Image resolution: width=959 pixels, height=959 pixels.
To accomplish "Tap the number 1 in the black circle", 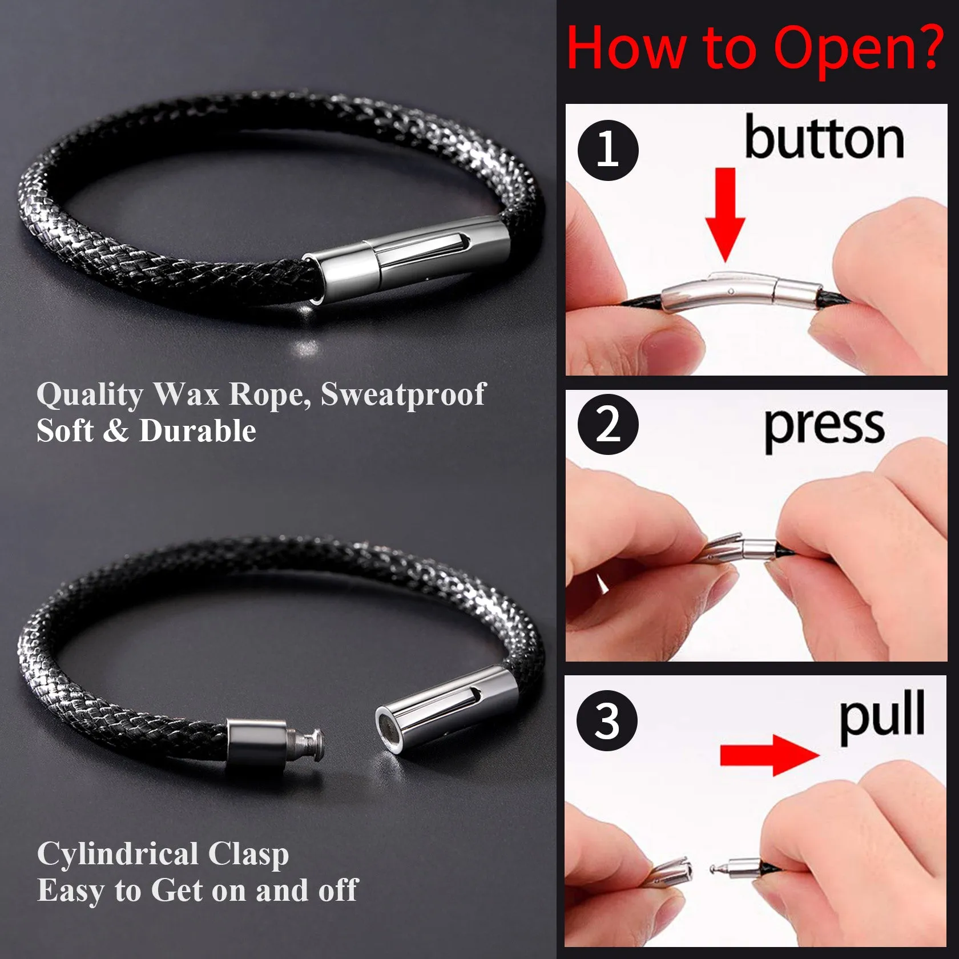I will point(607,150).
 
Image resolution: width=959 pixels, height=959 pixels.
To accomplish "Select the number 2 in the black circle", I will point(607,424).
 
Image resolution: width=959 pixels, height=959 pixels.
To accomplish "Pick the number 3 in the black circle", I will point(607,720).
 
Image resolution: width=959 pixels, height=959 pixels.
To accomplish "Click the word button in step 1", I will point(824,139).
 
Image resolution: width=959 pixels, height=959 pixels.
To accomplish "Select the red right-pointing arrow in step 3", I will point(768,755).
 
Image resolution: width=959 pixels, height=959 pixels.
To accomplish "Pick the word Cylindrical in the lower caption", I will point(117,855).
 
